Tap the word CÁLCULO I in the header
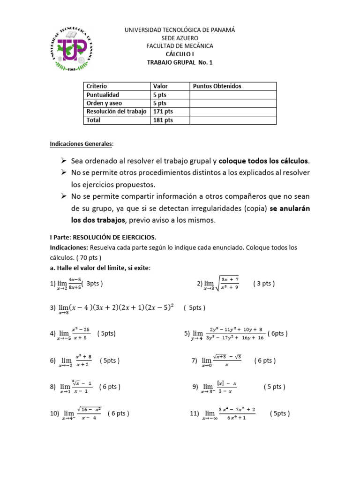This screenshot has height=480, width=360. [180, 54]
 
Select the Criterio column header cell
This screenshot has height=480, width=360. [97, 86]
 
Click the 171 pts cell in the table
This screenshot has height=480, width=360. [163, 112]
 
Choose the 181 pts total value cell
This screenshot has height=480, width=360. [163, 120]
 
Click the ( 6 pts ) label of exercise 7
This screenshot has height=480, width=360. [265, 360]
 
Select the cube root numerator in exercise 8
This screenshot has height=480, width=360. [82, 383]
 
